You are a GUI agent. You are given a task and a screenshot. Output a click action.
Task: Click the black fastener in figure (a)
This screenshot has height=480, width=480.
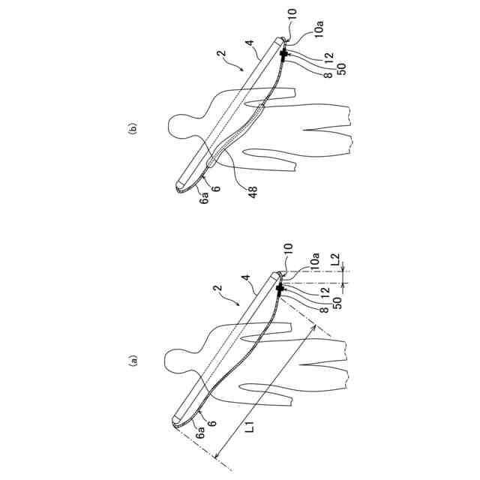[281, 289]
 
